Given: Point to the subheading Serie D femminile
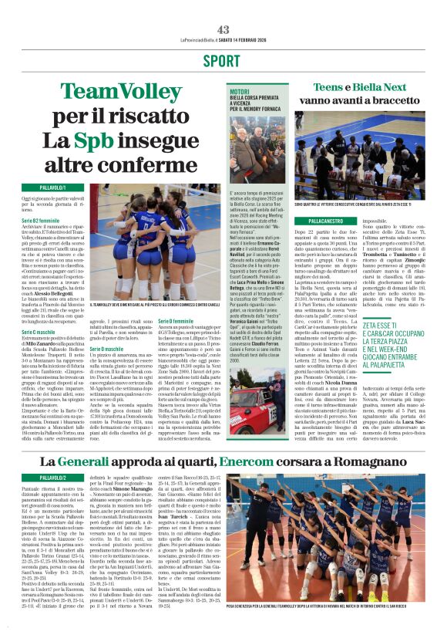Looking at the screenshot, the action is point(176,320).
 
